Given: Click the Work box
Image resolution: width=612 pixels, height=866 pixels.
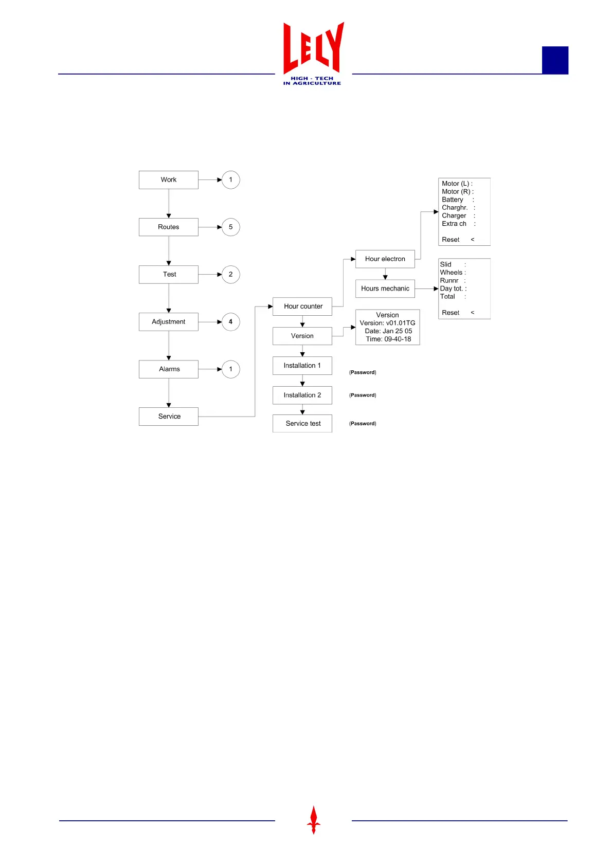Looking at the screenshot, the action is (x=168, y=180).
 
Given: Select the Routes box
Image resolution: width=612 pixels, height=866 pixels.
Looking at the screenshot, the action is (x=168, y=227).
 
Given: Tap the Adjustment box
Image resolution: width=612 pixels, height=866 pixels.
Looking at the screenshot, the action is (x=168, y=322).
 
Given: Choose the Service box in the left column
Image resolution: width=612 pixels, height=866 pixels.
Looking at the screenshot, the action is (x=168, y=417).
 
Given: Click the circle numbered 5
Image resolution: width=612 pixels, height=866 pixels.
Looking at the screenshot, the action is (x=230, y=227).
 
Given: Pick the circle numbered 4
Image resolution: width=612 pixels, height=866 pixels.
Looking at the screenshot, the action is (x=230, y=322).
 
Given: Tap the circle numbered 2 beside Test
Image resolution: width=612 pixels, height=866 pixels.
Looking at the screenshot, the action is (x=230, y=275).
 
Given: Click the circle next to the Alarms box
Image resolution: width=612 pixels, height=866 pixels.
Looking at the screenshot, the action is (x=230, y=369).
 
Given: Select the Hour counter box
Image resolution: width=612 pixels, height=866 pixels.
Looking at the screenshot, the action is (x=302, y=306).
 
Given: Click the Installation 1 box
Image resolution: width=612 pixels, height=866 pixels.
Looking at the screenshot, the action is (x=302, y=366).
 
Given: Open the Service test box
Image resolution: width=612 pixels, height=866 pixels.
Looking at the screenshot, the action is (x=302, y=424).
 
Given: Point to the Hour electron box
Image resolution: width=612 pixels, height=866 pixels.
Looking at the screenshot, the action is (x=385, y=259).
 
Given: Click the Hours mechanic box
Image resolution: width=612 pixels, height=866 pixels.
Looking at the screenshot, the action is (x=385, y=289).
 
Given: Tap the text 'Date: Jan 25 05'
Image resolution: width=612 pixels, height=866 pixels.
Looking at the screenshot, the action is (x=388, y=331).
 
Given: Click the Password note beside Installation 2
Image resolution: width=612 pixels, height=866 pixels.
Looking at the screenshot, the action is (x=363, y=395).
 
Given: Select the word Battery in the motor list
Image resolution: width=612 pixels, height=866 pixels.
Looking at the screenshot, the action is (x=453, y=200).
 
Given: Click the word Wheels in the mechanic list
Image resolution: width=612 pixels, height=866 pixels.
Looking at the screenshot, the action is (x=451, y=273).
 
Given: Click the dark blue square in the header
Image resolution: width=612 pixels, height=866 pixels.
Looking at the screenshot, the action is (x=555, y=60).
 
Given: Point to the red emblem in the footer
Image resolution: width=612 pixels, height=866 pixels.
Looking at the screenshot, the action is (x=313, y=820).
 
